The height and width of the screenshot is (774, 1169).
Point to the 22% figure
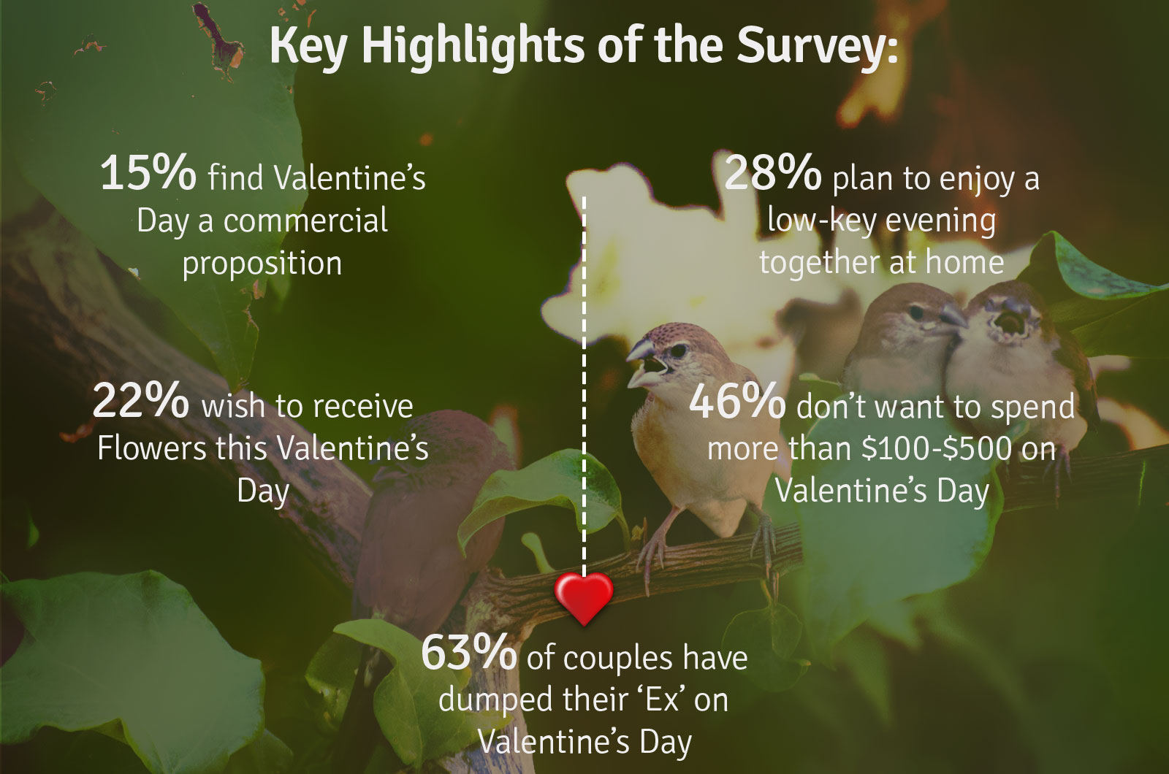coord(140,401)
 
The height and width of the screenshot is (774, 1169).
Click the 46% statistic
coord(737,401)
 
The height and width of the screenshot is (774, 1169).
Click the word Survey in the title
coord(818,47)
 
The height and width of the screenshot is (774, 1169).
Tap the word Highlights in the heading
coord(473,47)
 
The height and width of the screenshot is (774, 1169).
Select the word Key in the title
coord(308,47)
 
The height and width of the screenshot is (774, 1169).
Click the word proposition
coord(262,264)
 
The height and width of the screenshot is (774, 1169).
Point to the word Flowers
coord(152,448)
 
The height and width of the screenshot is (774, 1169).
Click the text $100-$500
coord(937,448)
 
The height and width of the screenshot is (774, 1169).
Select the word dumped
coord(495,700)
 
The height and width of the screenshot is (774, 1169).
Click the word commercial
coord(306,220)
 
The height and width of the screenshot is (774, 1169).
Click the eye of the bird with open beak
coord(679,350)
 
